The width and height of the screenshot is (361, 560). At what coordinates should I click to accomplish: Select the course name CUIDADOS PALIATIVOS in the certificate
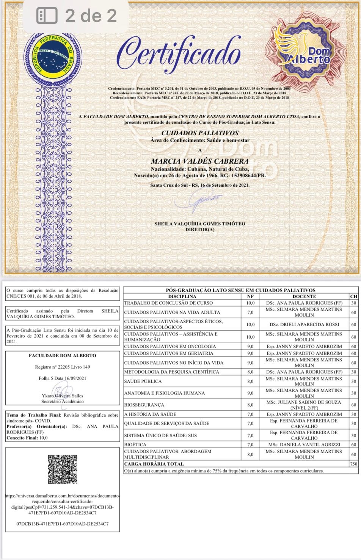tap(200, 133)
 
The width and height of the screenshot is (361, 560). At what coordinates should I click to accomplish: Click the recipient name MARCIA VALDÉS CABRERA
tap(200, 161)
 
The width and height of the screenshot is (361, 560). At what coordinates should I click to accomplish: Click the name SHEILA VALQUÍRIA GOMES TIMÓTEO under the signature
tap(200, 224)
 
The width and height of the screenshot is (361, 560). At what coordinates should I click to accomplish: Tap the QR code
tap(63, 469)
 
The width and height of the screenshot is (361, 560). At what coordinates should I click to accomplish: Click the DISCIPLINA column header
tap(182, 296)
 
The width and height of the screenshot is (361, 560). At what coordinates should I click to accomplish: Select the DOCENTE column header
tap(304, 296)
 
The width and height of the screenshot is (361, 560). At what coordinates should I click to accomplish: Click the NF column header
tap(250, 296)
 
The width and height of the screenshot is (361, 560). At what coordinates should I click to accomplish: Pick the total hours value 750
tap(353, 464)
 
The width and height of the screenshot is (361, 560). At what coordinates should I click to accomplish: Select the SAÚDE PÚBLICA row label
tap(143, 381)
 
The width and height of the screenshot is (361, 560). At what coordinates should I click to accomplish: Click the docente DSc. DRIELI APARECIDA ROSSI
tap(304, 324)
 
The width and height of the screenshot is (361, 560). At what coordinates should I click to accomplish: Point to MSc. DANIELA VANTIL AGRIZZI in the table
tap(304, 444)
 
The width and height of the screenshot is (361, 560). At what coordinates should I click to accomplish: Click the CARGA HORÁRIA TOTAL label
tap(154, 464)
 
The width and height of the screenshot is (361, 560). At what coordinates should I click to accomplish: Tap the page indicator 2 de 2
tap(91, 16)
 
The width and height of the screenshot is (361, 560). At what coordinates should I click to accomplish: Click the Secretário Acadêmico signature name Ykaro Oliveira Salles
tap(63, 396)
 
